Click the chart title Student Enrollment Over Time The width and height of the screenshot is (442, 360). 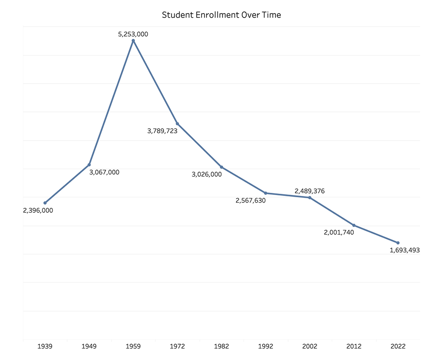click(221, 15)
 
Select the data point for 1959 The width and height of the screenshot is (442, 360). click(133, 41)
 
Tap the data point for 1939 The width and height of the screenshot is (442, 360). click(45, 203)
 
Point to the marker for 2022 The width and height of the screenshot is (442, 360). click(398, 243)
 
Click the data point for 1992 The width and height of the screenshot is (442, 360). click(266, 193)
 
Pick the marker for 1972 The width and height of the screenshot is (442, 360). click(177, 123)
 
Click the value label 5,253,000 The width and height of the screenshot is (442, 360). click(133, 33)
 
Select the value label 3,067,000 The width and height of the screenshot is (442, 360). click(104, 172)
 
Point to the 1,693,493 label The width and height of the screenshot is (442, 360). click(404, 250)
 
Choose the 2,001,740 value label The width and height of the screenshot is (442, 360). click(339, 233)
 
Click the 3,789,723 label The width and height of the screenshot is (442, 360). click(162, 131)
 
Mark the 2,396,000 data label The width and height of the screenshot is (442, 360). click(38, 211)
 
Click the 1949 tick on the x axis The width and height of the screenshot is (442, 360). click(89, 347)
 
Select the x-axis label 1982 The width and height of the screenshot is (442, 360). click(221, 347)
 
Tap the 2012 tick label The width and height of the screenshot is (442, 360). click(354, 347)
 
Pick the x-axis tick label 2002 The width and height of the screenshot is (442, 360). click(310, 347)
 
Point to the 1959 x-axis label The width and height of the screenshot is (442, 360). click(133, 347)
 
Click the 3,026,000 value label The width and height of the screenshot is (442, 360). click(206, 174)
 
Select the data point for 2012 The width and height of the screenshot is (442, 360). click(354, 226)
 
